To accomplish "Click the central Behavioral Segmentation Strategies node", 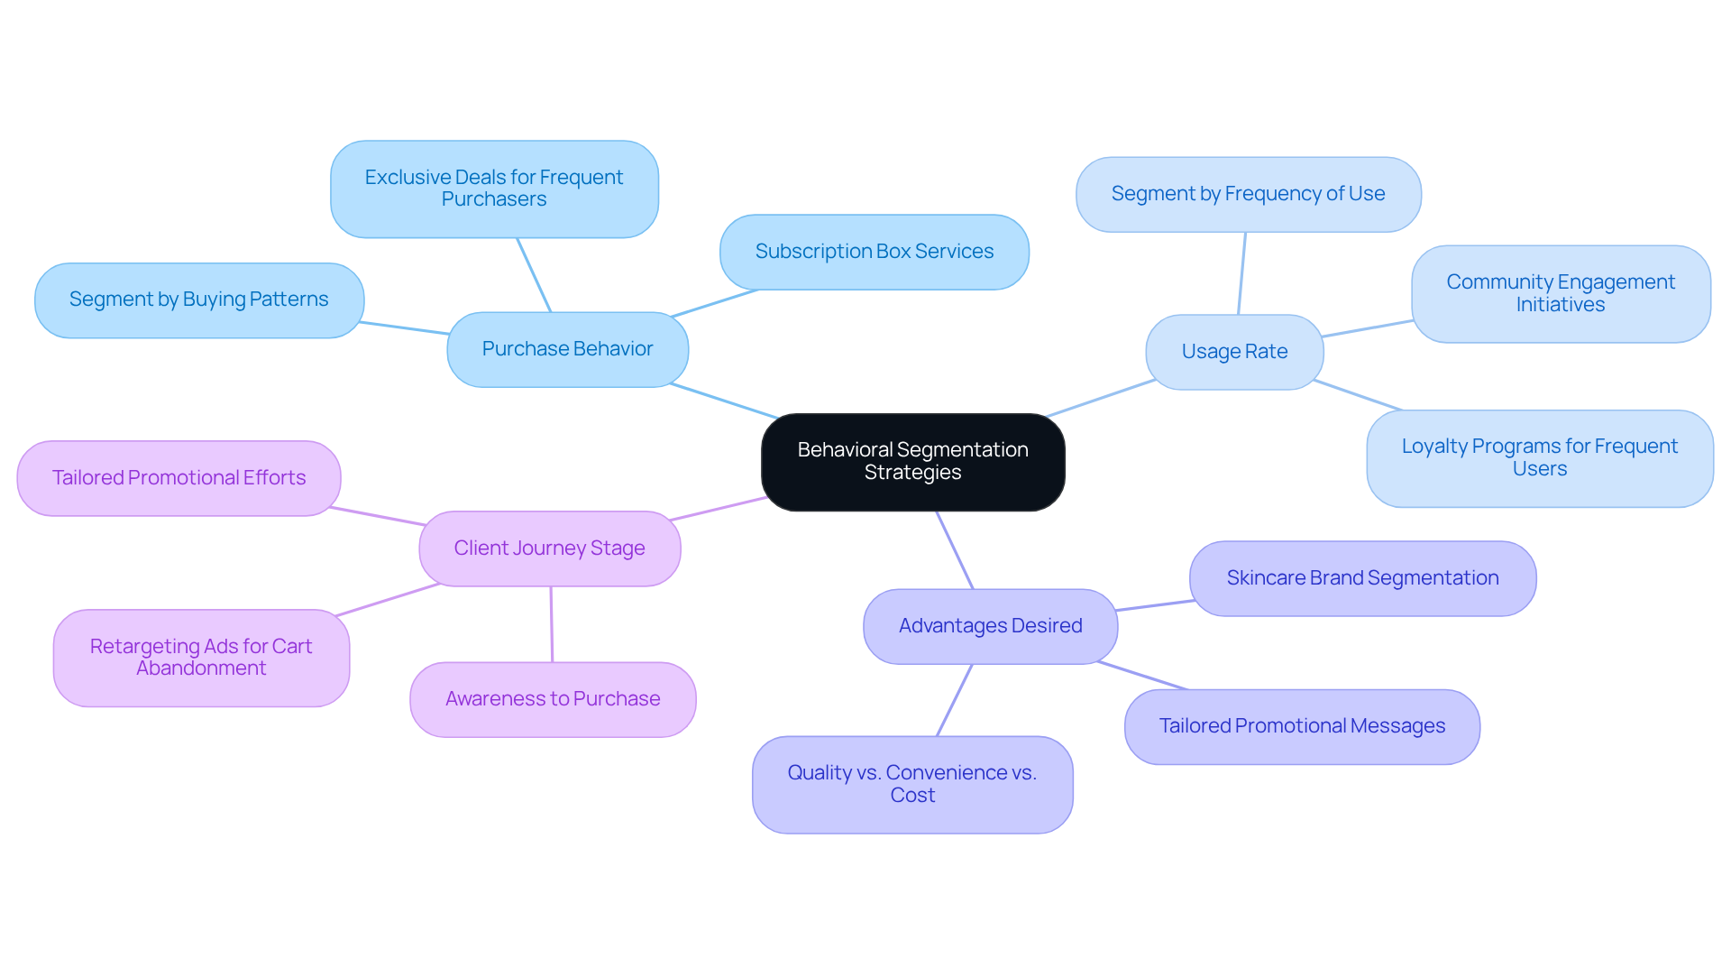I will tap(912, 462).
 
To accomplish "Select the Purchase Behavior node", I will tap(567, 350).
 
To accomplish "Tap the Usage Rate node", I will tap(1234, 352).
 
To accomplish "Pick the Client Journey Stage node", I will tap(549, 548).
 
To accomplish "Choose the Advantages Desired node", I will tap(990, 626).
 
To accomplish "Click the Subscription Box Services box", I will tap(874, 252).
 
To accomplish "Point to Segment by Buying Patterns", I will tap(198, 300).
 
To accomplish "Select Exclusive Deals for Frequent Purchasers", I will tap(494, 189).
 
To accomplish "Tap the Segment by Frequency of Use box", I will tap(1248, 194).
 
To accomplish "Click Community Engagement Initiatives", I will tap(1561, 293).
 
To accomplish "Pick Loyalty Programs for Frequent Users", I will tap(1539, 458).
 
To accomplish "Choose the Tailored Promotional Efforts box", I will tap(179, 478).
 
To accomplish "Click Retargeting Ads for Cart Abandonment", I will tap(201, 658).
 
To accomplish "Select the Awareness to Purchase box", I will tap(553, 699).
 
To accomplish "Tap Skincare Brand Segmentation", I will tap(1362, 578).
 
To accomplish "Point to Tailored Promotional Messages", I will tap(1302, 726).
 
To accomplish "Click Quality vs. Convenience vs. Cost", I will tap(912, 784).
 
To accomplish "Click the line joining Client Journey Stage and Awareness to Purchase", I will tap(552, 624).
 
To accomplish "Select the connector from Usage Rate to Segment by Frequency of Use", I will tap(1242, 273).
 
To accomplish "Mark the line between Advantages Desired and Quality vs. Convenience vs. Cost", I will tap(955, 700).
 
